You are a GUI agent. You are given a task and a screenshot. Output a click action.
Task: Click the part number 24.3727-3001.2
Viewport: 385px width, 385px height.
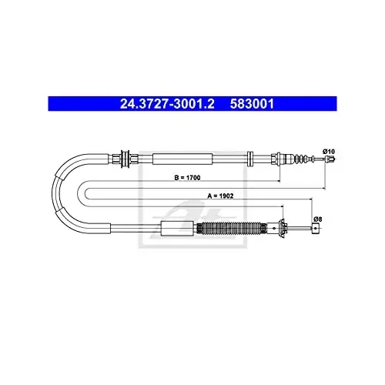point(167,104)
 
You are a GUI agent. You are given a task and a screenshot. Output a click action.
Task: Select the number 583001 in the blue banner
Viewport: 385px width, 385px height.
point(252,104)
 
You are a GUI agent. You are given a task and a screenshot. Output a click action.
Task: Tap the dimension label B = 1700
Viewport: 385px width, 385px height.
point(187,177)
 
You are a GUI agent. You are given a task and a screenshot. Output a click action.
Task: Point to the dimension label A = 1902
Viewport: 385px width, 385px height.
point(220,196)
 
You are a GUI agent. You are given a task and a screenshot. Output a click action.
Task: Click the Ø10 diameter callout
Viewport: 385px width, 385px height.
point(329,152)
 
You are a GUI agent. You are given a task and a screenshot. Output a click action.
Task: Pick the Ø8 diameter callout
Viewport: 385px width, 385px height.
point(318,219)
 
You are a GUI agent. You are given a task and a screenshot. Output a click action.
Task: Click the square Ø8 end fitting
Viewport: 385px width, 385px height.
point(316,228)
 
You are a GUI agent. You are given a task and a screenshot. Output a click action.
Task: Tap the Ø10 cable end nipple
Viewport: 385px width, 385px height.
point(330,159)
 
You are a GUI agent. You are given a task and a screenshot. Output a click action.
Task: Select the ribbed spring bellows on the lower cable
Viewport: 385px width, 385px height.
point(231,228)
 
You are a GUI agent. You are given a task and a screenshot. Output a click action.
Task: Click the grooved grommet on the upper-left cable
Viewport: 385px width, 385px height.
point(126,159)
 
